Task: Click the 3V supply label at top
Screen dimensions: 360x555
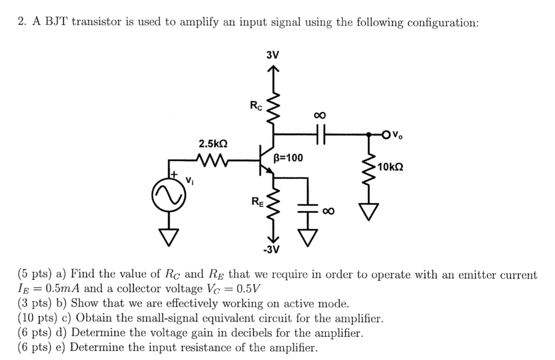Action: tap(273, 55)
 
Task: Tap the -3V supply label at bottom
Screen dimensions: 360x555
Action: tap(272, 250)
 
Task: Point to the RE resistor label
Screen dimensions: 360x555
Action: tap(257, 203)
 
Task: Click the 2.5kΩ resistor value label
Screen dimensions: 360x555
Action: tap(213, 144)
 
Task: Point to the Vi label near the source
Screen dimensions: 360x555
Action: tap(189, 179)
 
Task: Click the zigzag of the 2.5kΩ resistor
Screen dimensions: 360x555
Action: tap(213, 160)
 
